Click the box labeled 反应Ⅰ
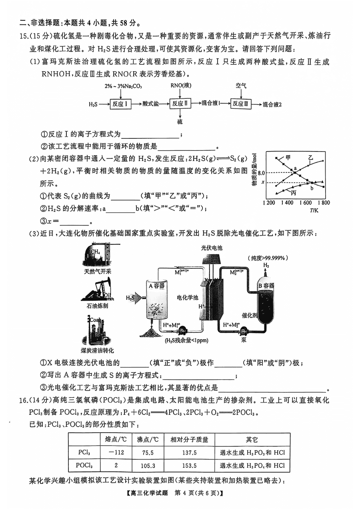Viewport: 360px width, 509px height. [x=120, y=104]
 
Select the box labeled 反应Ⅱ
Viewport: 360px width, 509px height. [x=180, y=104]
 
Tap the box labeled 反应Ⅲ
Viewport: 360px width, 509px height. [x=241, y=104]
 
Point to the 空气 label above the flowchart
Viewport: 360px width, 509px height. [x=241, y=86]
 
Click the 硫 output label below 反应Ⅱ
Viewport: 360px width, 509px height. [x=180, y=121]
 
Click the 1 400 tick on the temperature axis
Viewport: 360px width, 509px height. [x=287, y=203]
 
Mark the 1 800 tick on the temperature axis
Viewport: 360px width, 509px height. [x=323, y=203]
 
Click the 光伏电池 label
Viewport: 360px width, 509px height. [x=212, y=248]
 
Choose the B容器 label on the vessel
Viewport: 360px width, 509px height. [x=266, y=285]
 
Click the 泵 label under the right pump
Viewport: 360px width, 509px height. [x=244, y=339]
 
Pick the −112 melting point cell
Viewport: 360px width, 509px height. [x=117, y=453]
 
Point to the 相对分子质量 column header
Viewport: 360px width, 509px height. [x=189, y=439]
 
